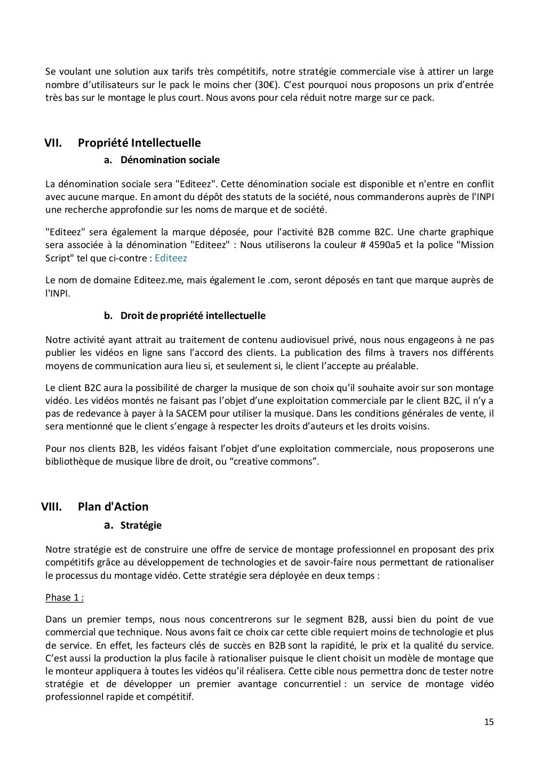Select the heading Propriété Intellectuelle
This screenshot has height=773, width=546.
pos(139,143)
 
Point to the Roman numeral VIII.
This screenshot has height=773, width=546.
pos(52,507)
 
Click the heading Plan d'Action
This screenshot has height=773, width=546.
pos(113,507)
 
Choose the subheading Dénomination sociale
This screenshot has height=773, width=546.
pos(170,160)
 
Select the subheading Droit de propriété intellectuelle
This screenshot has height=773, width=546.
pos(192,316)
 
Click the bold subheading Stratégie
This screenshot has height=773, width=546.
pos(141,525)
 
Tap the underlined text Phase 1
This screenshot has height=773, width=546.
pos(65,597)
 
